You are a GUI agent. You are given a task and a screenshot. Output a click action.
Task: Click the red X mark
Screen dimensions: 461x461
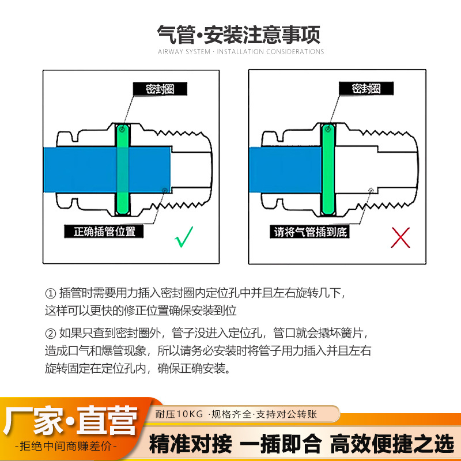[x=400, y=237]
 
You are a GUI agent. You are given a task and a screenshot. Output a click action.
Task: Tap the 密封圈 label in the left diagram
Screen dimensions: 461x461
[x=160, y=89]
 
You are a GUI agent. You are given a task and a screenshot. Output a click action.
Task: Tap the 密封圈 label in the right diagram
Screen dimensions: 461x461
[x=366, y=89]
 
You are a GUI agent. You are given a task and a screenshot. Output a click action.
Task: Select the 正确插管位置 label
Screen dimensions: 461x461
[x=104, y=232]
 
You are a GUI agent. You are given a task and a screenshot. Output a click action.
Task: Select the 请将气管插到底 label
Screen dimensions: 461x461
[x=310, y=232]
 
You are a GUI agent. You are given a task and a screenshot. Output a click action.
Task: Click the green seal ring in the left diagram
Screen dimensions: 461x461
[x=123, y=169]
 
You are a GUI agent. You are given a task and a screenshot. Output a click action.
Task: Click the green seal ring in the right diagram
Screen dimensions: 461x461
[x=328, y=169]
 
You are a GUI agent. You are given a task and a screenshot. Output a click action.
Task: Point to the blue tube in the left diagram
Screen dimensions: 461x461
[x=107, y=170]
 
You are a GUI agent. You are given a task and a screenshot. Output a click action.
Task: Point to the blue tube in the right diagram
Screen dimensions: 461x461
[x=285, y=170]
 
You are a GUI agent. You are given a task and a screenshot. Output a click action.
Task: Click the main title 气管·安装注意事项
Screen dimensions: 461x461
[x=239, y=35]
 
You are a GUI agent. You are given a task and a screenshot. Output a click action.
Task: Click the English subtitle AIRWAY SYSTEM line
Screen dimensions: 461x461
[x=241, y=52]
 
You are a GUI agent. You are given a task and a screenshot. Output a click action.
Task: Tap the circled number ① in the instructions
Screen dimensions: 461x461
[x=50, y=293]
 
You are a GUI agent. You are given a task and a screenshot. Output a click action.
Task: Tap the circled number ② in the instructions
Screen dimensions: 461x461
[x=50, y=334]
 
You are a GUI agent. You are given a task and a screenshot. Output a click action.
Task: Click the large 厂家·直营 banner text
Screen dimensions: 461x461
[x=70, y=421]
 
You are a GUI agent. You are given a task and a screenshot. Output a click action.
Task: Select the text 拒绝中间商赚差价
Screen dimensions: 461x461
[x=66, y=446]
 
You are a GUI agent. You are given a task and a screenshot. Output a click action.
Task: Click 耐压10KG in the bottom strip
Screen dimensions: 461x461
[x=179, y=414]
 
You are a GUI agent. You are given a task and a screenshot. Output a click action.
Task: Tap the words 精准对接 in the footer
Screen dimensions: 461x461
[x=190, y=444]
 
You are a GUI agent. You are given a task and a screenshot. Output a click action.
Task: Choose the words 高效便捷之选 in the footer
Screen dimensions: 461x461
[x=392, y=444]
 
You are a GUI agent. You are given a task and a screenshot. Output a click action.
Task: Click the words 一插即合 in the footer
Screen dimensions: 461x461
[x=281, y=444]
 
